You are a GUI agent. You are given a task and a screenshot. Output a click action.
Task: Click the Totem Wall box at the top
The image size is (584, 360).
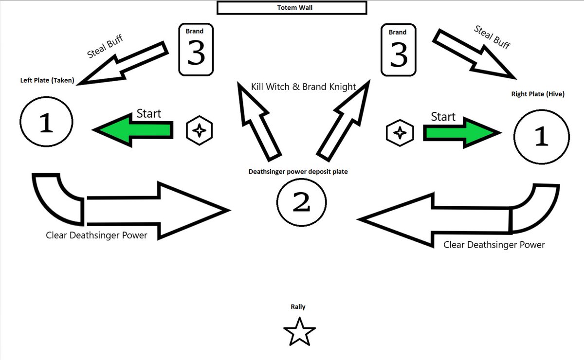click(291, 8)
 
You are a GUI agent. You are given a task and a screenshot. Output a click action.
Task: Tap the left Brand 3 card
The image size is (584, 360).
click(196, 50)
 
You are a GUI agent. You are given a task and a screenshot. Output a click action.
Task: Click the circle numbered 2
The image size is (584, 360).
click(301, 202)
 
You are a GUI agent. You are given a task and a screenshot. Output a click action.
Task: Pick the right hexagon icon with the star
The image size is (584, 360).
click(399, 132)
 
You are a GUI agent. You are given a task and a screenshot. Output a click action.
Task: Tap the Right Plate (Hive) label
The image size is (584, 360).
click(537, 94)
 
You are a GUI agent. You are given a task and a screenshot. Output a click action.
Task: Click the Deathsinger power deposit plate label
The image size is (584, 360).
click(298, 172)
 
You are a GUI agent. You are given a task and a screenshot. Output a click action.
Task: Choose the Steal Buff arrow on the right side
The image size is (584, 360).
click(474, 54)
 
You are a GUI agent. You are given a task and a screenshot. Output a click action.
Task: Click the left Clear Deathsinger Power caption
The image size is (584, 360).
click(96, 235)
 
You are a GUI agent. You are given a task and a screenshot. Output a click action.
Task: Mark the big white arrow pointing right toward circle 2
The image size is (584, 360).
click(156, 210)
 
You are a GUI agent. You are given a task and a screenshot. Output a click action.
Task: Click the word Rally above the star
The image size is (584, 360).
click(298, 307)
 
